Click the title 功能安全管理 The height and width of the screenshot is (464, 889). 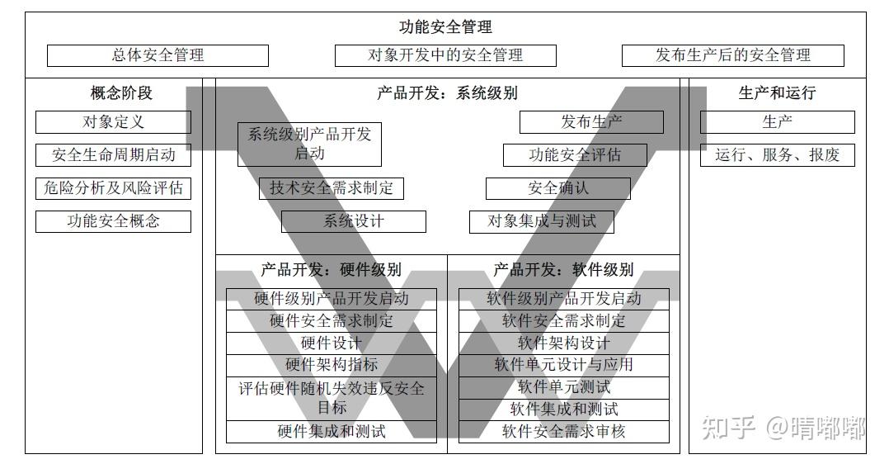click(445, 27)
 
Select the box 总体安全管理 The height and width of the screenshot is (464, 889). click(158, 55)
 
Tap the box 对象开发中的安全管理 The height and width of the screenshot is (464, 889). click(445, 55)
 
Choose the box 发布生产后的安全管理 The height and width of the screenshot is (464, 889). click(732, 55)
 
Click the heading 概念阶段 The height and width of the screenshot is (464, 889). click(121, 93)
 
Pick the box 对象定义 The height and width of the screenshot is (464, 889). click(113, 122)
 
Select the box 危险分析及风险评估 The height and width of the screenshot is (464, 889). click(113, 188)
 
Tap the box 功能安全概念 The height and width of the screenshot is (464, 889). click(113, 221)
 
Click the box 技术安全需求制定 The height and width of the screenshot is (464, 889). click(331, 188)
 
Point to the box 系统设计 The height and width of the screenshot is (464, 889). click(353, 221)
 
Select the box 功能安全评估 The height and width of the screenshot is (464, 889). click(575, 155)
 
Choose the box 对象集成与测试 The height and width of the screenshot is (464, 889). click(541, 221)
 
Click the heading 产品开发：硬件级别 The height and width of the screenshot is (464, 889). click(331, 270)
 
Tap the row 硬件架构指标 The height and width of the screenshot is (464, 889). click(331, 365)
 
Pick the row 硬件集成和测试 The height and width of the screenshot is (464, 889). click(331, 432)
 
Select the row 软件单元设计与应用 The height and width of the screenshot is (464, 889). click(563, 365)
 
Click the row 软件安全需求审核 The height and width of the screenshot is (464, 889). click(563, 432)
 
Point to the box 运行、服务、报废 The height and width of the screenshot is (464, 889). click(777, 155)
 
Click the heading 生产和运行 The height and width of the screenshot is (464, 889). click(777, 93)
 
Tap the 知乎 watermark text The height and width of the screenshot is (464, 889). click(727, 428)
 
